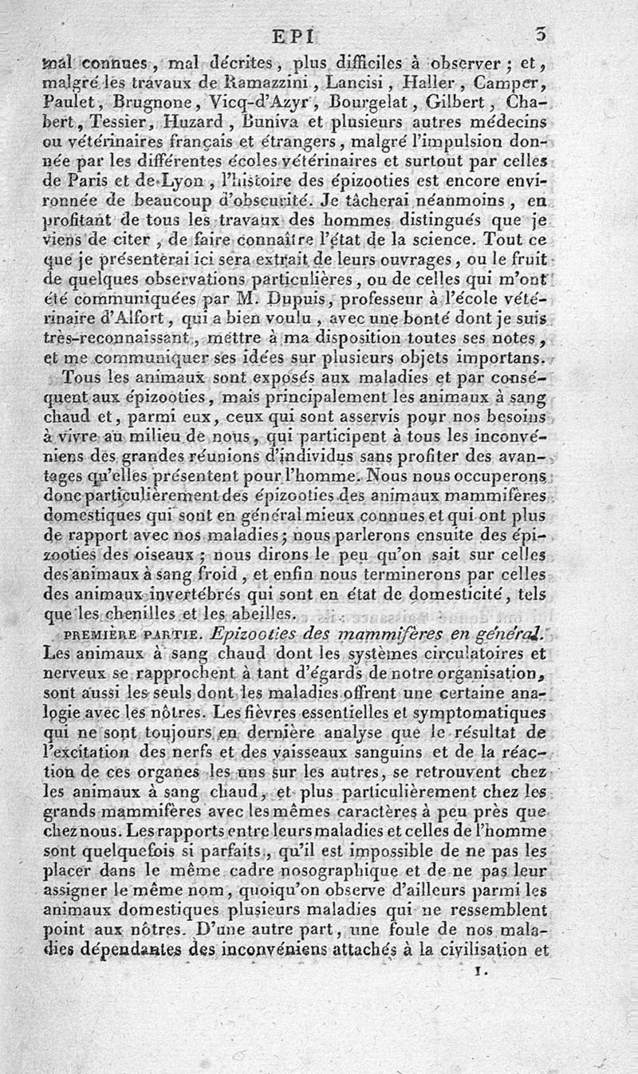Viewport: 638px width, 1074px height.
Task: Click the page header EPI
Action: (295, 35)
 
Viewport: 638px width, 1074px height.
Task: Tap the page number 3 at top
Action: (542, 34)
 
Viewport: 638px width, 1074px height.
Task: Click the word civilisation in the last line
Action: (484, 950)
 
